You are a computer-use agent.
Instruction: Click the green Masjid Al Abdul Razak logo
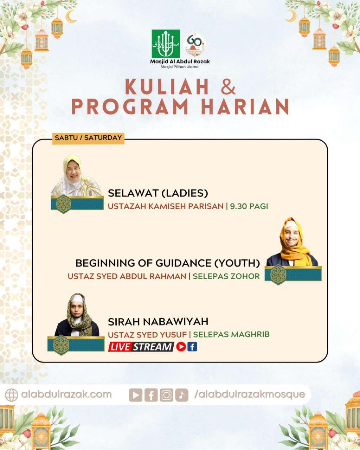166,44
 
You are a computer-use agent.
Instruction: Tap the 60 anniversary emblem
195,44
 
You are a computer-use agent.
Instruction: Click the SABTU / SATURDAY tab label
88,138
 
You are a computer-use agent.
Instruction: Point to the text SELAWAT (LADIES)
158,193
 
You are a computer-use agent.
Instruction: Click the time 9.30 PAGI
249,206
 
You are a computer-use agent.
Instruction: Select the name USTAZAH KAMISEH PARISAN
166,206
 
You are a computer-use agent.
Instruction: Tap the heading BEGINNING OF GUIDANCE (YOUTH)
168,263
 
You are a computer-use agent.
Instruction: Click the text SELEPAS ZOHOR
226,276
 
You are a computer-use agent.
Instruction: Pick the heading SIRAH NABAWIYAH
158,321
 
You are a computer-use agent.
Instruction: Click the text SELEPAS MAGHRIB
231,334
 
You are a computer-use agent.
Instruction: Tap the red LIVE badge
120,347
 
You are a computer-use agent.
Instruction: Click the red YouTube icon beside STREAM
181,347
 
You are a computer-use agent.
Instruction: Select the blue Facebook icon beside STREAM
192,347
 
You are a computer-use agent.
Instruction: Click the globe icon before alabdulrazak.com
11,395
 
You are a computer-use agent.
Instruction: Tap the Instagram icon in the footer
166,395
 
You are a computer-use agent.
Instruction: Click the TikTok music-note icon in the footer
181,395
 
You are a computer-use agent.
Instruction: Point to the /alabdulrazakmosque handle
249,394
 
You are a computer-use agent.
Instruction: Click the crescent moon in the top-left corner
71,16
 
